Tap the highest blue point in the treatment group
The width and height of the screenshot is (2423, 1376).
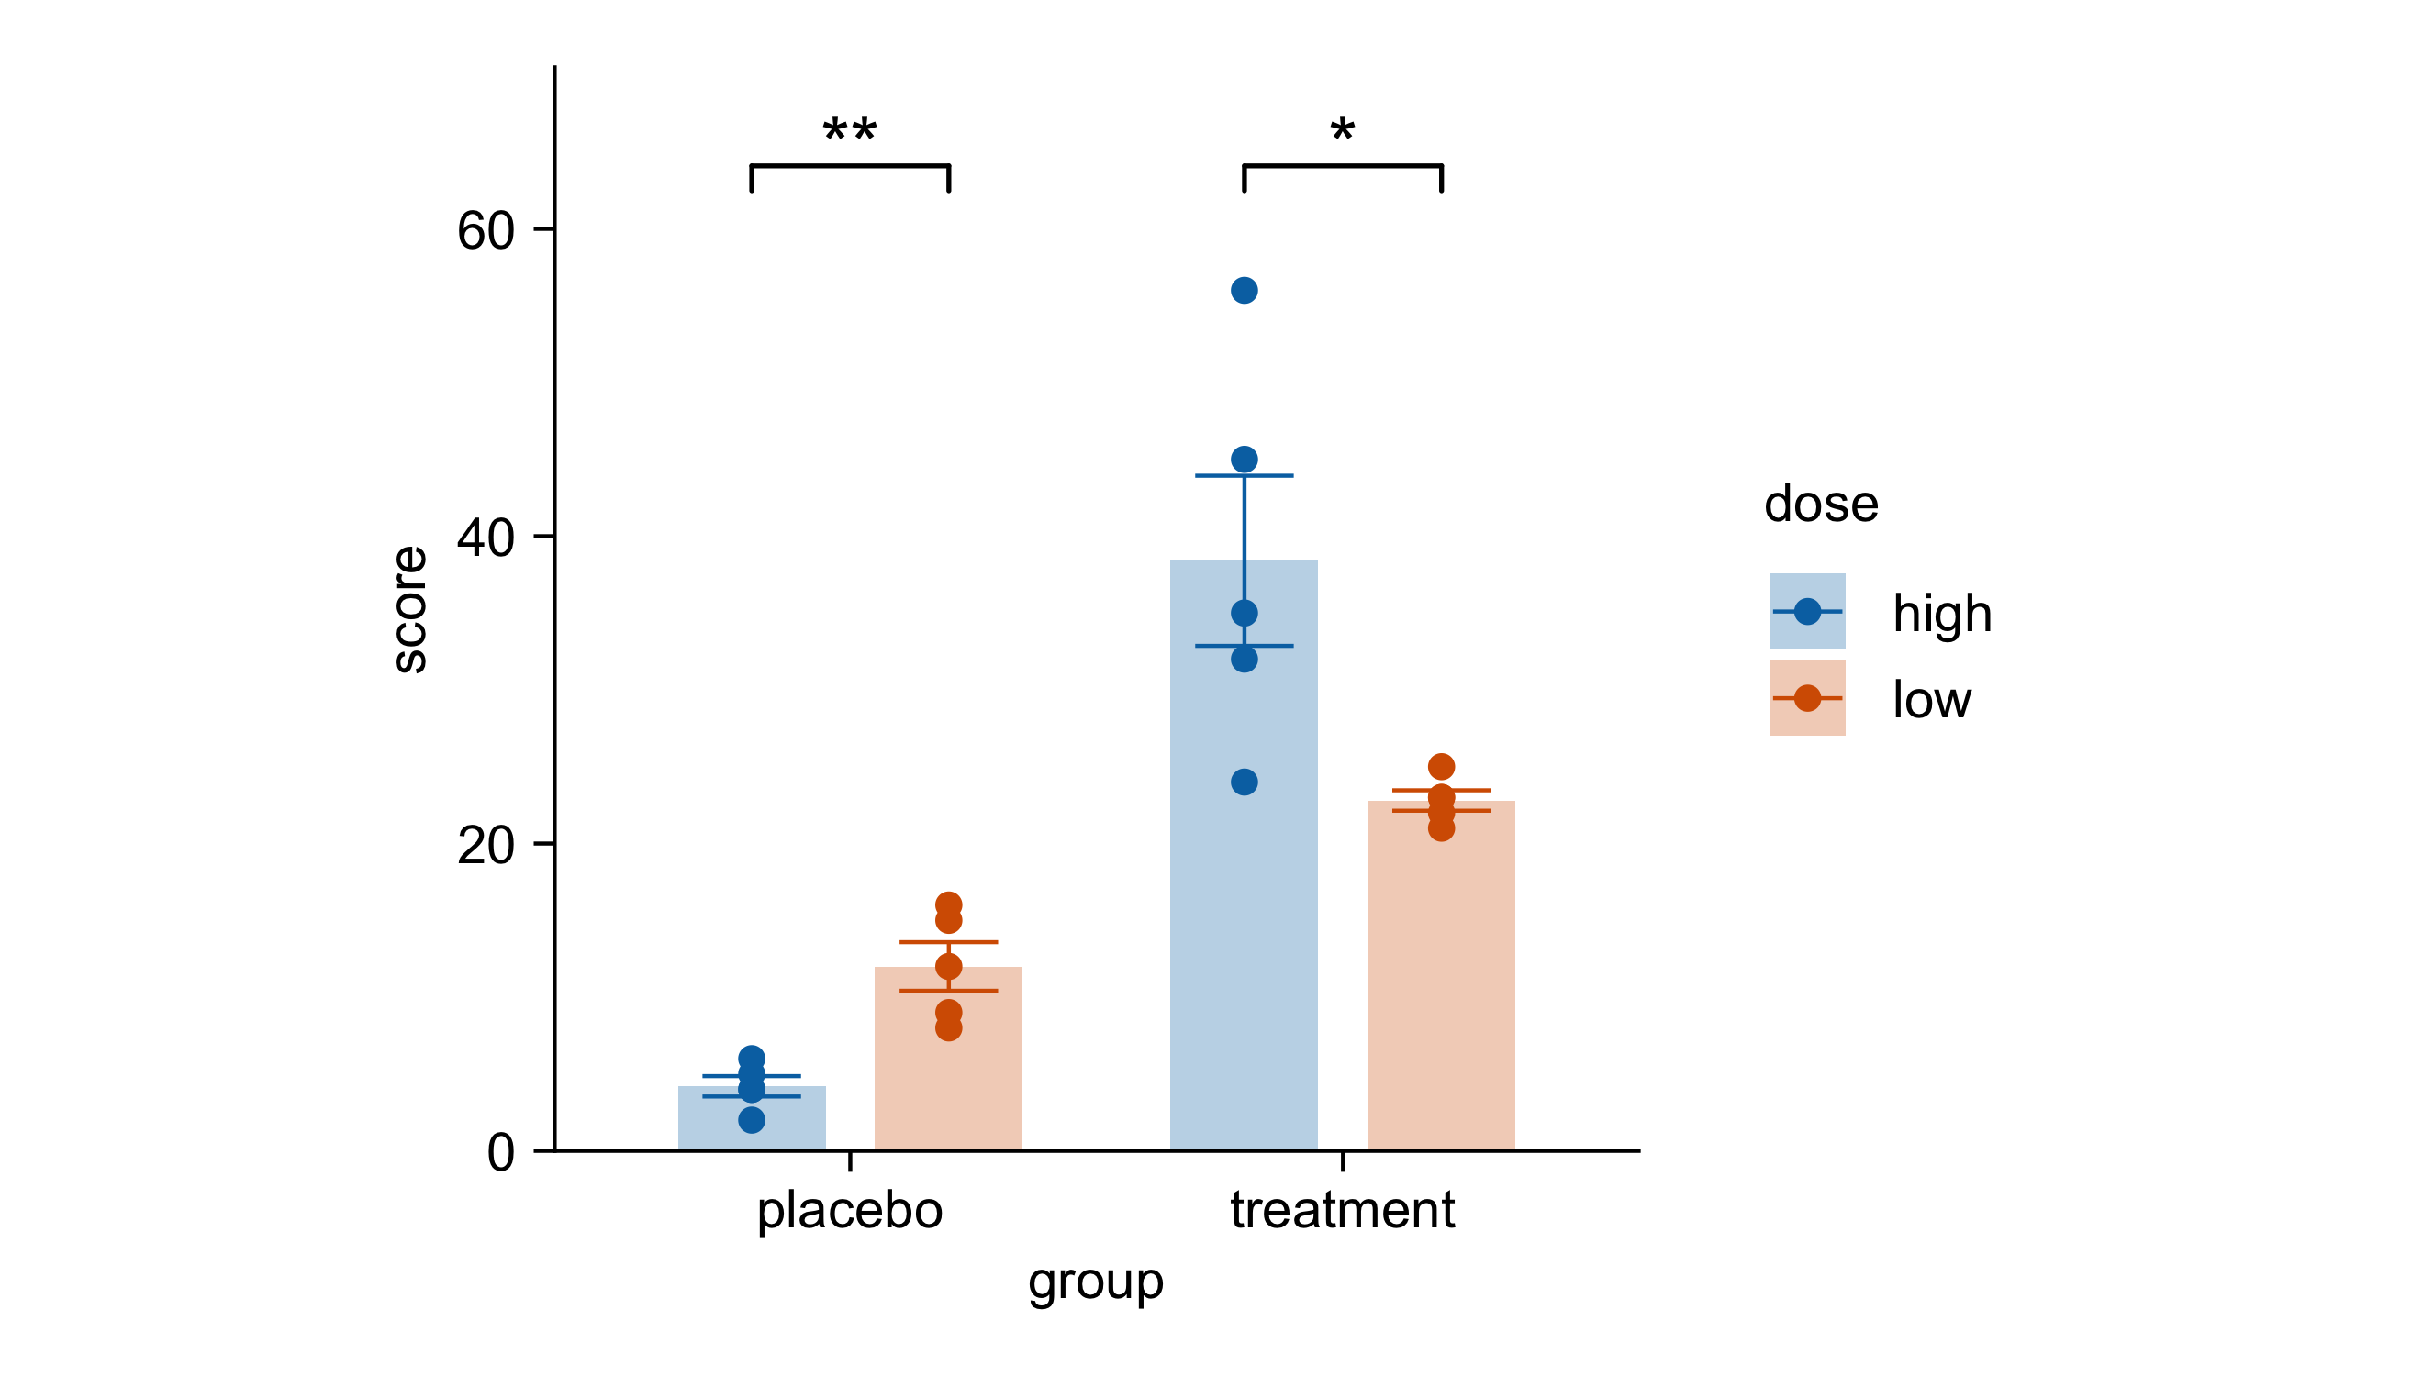click(x=1244, y=290)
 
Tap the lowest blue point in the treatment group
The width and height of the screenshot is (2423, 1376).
click(x=1244, y=782)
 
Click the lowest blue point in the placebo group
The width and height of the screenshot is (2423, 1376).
click(x=752, y=1119)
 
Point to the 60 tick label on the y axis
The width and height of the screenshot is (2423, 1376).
click(x=485, y=229)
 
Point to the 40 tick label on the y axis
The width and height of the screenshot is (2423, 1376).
click(x=485, y=537)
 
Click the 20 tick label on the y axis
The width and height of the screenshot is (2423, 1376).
click(x=485, y=844)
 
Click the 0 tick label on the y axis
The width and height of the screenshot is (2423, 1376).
click(x=500, y=1151)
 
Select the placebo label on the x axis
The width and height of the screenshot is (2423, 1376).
click(x=849, y=1210)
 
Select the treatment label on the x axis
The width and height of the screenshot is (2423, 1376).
click(x=1342, y=1210)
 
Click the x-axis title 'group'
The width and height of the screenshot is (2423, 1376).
click(x=1095, y=1282)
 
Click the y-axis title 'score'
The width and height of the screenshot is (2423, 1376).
click(x=410, y=608)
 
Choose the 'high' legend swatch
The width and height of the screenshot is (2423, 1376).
click(x=1805, y=612)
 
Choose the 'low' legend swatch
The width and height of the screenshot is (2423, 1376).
click(x=1805, y=697)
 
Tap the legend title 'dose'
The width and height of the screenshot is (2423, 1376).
click(x=1820, y=504)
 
